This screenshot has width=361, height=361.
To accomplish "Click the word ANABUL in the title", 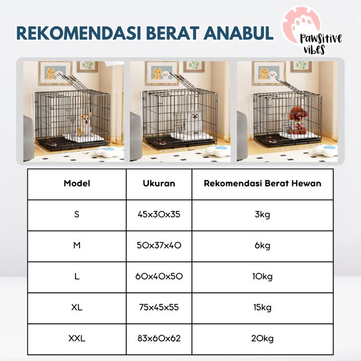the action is tap(238, 33).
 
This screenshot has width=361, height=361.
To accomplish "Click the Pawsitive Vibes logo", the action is tap(311, 31).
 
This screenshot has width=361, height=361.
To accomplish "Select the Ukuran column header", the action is tap(159, 183).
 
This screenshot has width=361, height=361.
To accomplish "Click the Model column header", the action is tap(77, 183).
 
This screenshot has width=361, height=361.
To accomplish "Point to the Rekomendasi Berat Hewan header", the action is tap(263, 183).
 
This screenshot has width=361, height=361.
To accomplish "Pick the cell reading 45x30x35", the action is tap(159, 214).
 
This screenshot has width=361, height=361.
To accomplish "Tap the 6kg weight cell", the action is tap(263, 246).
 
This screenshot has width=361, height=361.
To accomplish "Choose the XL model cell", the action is tap(77, 307).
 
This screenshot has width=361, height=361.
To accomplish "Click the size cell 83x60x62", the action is tap(159, 338).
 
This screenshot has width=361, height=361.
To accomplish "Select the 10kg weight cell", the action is tap(263, 276).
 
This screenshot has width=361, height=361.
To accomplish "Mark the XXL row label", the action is tap(77, 338).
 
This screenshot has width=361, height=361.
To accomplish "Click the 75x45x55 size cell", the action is tap(159, 307).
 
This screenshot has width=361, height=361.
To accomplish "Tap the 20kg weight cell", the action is tap(263, 339).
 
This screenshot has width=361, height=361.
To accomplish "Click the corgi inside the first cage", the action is tap(85, 124).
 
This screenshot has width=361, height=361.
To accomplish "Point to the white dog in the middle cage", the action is tap(194, 122).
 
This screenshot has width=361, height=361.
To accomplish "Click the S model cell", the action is tap(77, 214).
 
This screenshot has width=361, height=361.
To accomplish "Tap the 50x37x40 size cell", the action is tap(159, 246).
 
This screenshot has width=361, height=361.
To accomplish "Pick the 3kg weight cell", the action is tap(263, 215).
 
